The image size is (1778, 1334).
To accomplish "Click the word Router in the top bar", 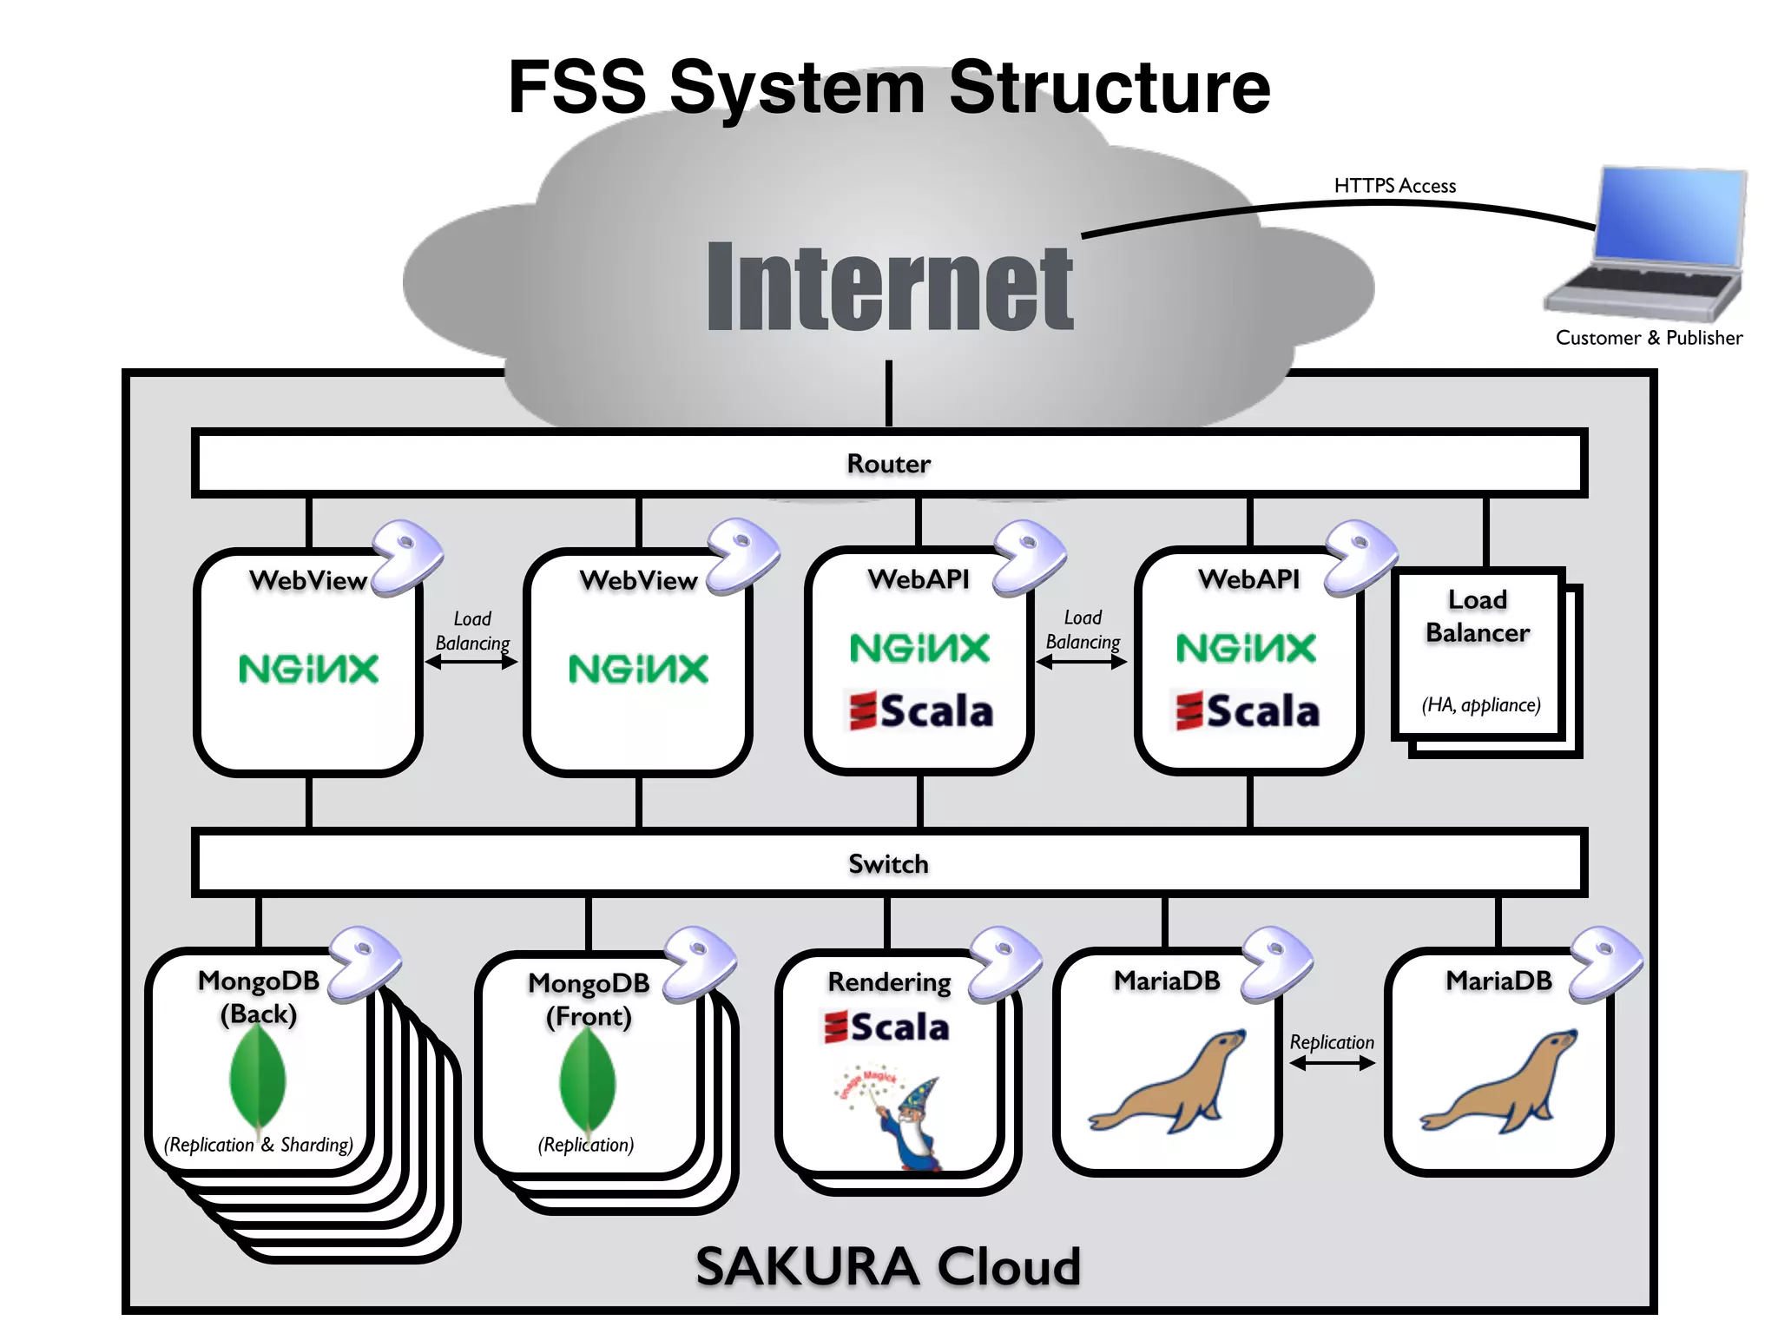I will [888, 464].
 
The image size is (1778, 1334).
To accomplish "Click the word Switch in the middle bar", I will [888, 864].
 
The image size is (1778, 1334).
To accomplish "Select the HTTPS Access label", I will [1394, 186].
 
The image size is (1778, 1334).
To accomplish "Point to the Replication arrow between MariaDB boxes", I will [1332, 1064].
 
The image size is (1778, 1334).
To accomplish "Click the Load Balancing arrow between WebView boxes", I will [471, 663].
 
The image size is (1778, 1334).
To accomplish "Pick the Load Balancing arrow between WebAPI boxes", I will [1082, 663].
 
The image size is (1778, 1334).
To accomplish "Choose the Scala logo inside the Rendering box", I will [887, 1027].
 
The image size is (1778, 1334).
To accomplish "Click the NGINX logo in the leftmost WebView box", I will [309, 669].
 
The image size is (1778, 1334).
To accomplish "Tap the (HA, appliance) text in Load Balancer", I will [1481, 704].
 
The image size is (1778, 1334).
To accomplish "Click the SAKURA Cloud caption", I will [888, 1266].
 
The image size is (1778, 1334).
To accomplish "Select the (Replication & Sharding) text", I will [259, 1145].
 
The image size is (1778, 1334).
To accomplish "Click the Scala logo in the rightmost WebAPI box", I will [1248, 710].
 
